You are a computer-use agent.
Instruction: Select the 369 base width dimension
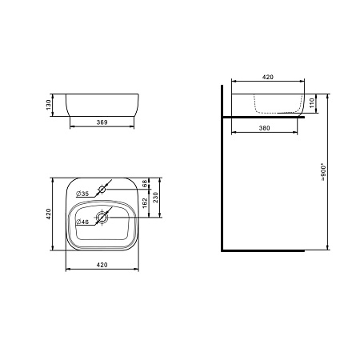[101, 123]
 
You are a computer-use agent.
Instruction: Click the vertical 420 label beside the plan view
[49, 214]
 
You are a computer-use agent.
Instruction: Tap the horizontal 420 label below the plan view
[102, 263]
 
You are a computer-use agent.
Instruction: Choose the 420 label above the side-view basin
[268, 78]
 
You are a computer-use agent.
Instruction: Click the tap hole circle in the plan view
[102, 190]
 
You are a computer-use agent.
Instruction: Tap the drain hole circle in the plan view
[102, 217]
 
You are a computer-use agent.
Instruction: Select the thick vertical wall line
[223, 168]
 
